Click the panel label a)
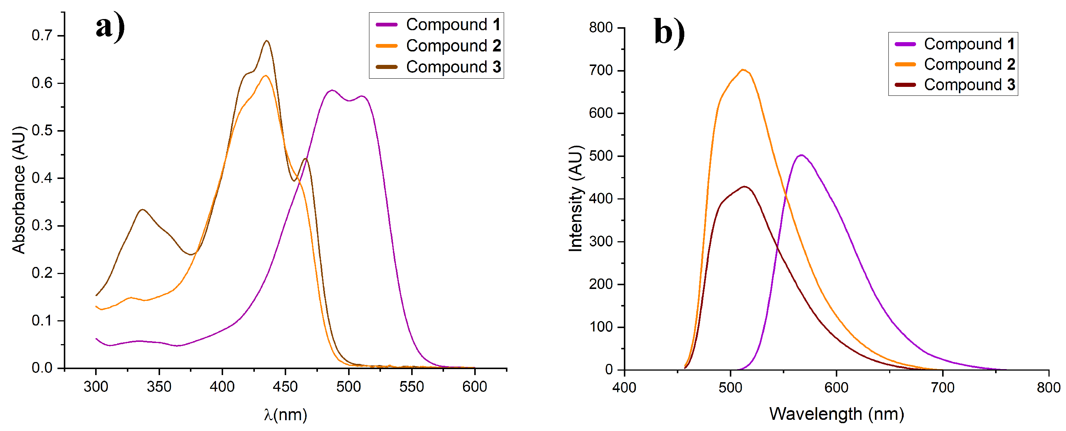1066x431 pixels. tap(110, 27)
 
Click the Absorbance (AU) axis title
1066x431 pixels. tap(19, 190)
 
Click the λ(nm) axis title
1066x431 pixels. tap(285, 414)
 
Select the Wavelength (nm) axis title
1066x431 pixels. tap(836, 413)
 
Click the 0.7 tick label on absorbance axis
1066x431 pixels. tap(42, 35)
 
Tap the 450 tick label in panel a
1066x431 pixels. tap(285, 387)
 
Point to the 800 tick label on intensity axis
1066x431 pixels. tap(601, 28)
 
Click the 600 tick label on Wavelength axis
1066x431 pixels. tap(836, 388)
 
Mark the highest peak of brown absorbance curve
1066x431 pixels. tap(267, 41)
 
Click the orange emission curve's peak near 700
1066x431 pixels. tap(743, 69)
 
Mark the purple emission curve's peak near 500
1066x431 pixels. tap(801, 155)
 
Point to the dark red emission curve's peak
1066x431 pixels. tap(745, 186)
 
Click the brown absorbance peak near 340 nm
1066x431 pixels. tap(143, 209)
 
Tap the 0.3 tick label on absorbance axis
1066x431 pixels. tap(42, 226)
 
